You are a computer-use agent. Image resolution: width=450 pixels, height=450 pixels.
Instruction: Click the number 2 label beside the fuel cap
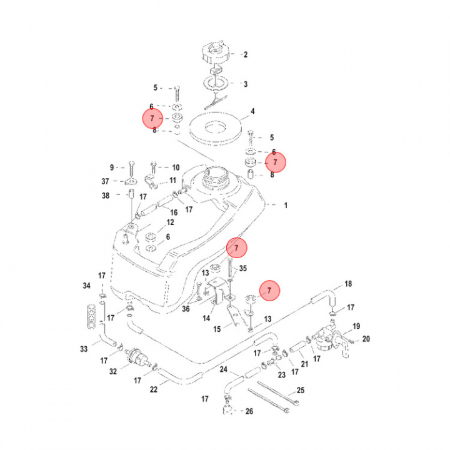(246, 55)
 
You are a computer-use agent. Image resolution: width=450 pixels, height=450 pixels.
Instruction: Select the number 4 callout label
(252, 112)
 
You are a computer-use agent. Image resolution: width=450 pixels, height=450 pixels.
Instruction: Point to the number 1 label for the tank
(286, 205)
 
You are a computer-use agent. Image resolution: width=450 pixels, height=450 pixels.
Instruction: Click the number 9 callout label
(112, 167)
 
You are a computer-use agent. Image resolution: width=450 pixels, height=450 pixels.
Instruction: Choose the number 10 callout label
(176, 167)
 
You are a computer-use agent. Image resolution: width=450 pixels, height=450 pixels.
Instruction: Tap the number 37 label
(106, 181)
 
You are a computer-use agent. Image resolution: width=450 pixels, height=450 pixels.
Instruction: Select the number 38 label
(106, 196)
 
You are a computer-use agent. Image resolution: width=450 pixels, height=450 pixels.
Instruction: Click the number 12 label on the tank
(170, 222)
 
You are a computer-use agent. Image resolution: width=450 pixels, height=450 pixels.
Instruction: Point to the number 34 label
(87, 286)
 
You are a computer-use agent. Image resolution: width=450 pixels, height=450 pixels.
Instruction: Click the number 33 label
(83, 349)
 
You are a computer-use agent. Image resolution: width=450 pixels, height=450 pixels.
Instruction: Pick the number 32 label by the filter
(113, 372)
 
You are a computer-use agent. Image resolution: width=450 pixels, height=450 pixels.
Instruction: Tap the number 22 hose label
(154, 389)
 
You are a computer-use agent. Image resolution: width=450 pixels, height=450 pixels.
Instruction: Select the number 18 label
(349, 284)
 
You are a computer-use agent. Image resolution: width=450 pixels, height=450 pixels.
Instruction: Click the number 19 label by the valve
(356, 326)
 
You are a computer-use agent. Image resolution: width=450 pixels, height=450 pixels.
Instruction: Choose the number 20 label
(366, 339)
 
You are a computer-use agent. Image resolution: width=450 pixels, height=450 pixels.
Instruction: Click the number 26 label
(249, 411)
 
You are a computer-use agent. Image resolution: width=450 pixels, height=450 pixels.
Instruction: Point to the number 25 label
(301, 391)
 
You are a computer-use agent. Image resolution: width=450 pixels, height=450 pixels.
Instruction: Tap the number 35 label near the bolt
(244, 268)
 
